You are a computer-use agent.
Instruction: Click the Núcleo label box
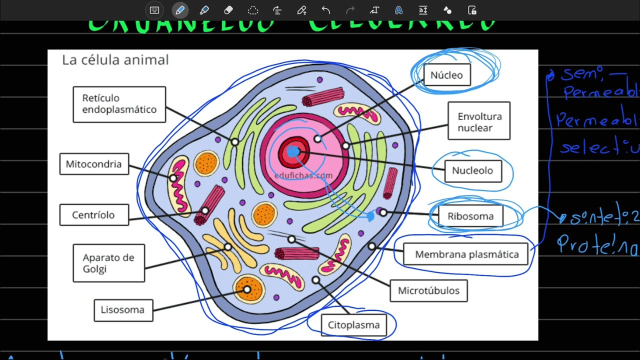point(446,75)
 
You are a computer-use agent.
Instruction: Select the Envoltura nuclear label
point(478,121)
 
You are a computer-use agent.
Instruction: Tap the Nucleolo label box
point(472,170)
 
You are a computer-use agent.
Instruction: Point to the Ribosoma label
point(470,216)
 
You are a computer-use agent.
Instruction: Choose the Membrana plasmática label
point(467,254)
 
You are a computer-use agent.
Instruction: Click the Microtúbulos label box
point(428,290)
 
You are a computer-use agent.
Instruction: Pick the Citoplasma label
point(353,325)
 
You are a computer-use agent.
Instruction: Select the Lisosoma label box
point(122,309)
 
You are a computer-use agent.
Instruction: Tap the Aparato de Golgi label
point(108,263)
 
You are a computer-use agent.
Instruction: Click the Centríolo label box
point(93,215)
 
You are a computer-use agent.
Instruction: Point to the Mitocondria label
point(93,164)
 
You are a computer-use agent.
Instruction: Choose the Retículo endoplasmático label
point(119,104)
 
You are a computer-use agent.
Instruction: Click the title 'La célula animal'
point(115,60)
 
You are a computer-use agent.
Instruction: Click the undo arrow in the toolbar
point(326,10)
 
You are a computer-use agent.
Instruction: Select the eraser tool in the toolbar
point(228,10)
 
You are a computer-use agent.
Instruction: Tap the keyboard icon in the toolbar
point(154,10)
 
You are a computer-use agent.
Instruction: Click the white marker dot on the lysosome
point(246,289)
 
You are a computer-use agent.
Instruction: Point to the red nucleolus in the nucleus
point(290,150)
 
